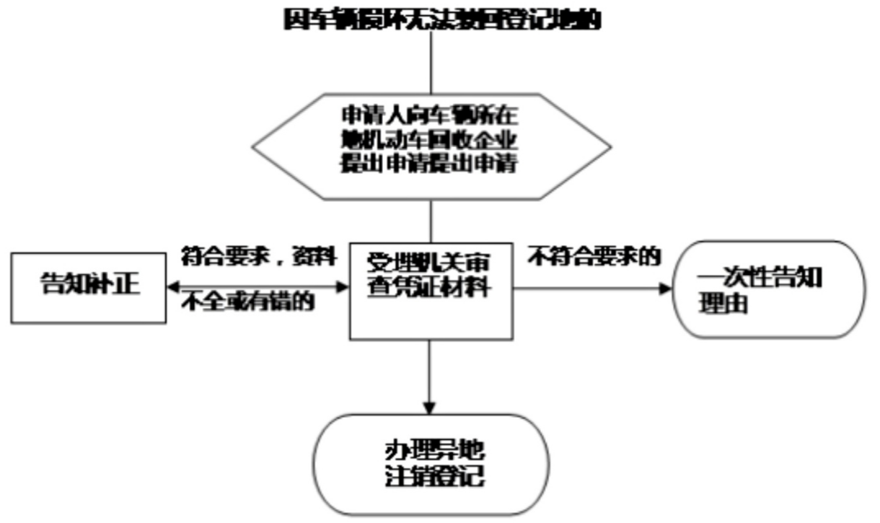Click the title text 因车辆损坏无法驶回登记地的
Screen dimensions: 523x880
coord(441,19)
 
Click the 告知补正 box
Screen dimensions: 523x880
coord(89,287)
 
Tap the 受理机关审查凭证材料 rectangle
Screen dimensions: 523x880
coord(431,291)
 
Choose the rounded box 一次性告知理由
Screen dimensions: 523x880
coord(769,289)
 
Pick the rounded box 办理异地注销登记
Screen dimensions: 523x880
coord(431,465)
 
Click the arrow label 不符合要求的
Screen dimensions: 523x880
coord(594,257)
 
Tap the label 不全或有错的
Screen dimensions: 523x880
coord(247,302)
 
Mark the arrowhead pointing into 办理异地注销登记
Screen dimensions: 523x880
coord(431,406)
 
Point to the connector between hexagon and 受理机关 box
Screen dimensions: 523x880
coord(431,220)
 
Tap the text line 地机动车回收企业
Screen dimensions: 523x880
coord(431,139)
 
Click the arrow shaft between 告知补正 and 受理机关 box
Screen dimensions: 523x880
coord(260,287)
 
